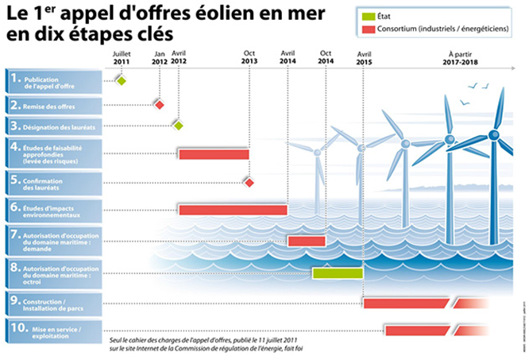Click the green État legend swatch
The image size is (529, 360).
coord(370,15)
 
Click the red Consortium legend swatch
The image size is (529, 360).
coord(370,30)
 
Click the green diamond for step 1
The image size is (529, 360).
coord(122,80)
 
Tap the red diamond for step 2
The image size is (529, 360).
coord(160,105)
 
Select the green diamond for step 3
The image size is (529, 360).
coord(179,126)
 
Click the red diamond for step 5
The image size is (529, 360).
coord(249,183)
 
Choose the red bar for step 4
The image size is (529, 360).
coord(214,153)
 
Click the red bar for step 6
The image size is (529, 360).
coord(233,210)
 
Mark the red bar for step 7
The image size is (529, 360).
coord(307,240)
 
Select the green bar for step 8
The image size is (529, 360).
coord(338,273)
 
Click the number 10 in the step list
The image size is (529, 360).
coord(16,328)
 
